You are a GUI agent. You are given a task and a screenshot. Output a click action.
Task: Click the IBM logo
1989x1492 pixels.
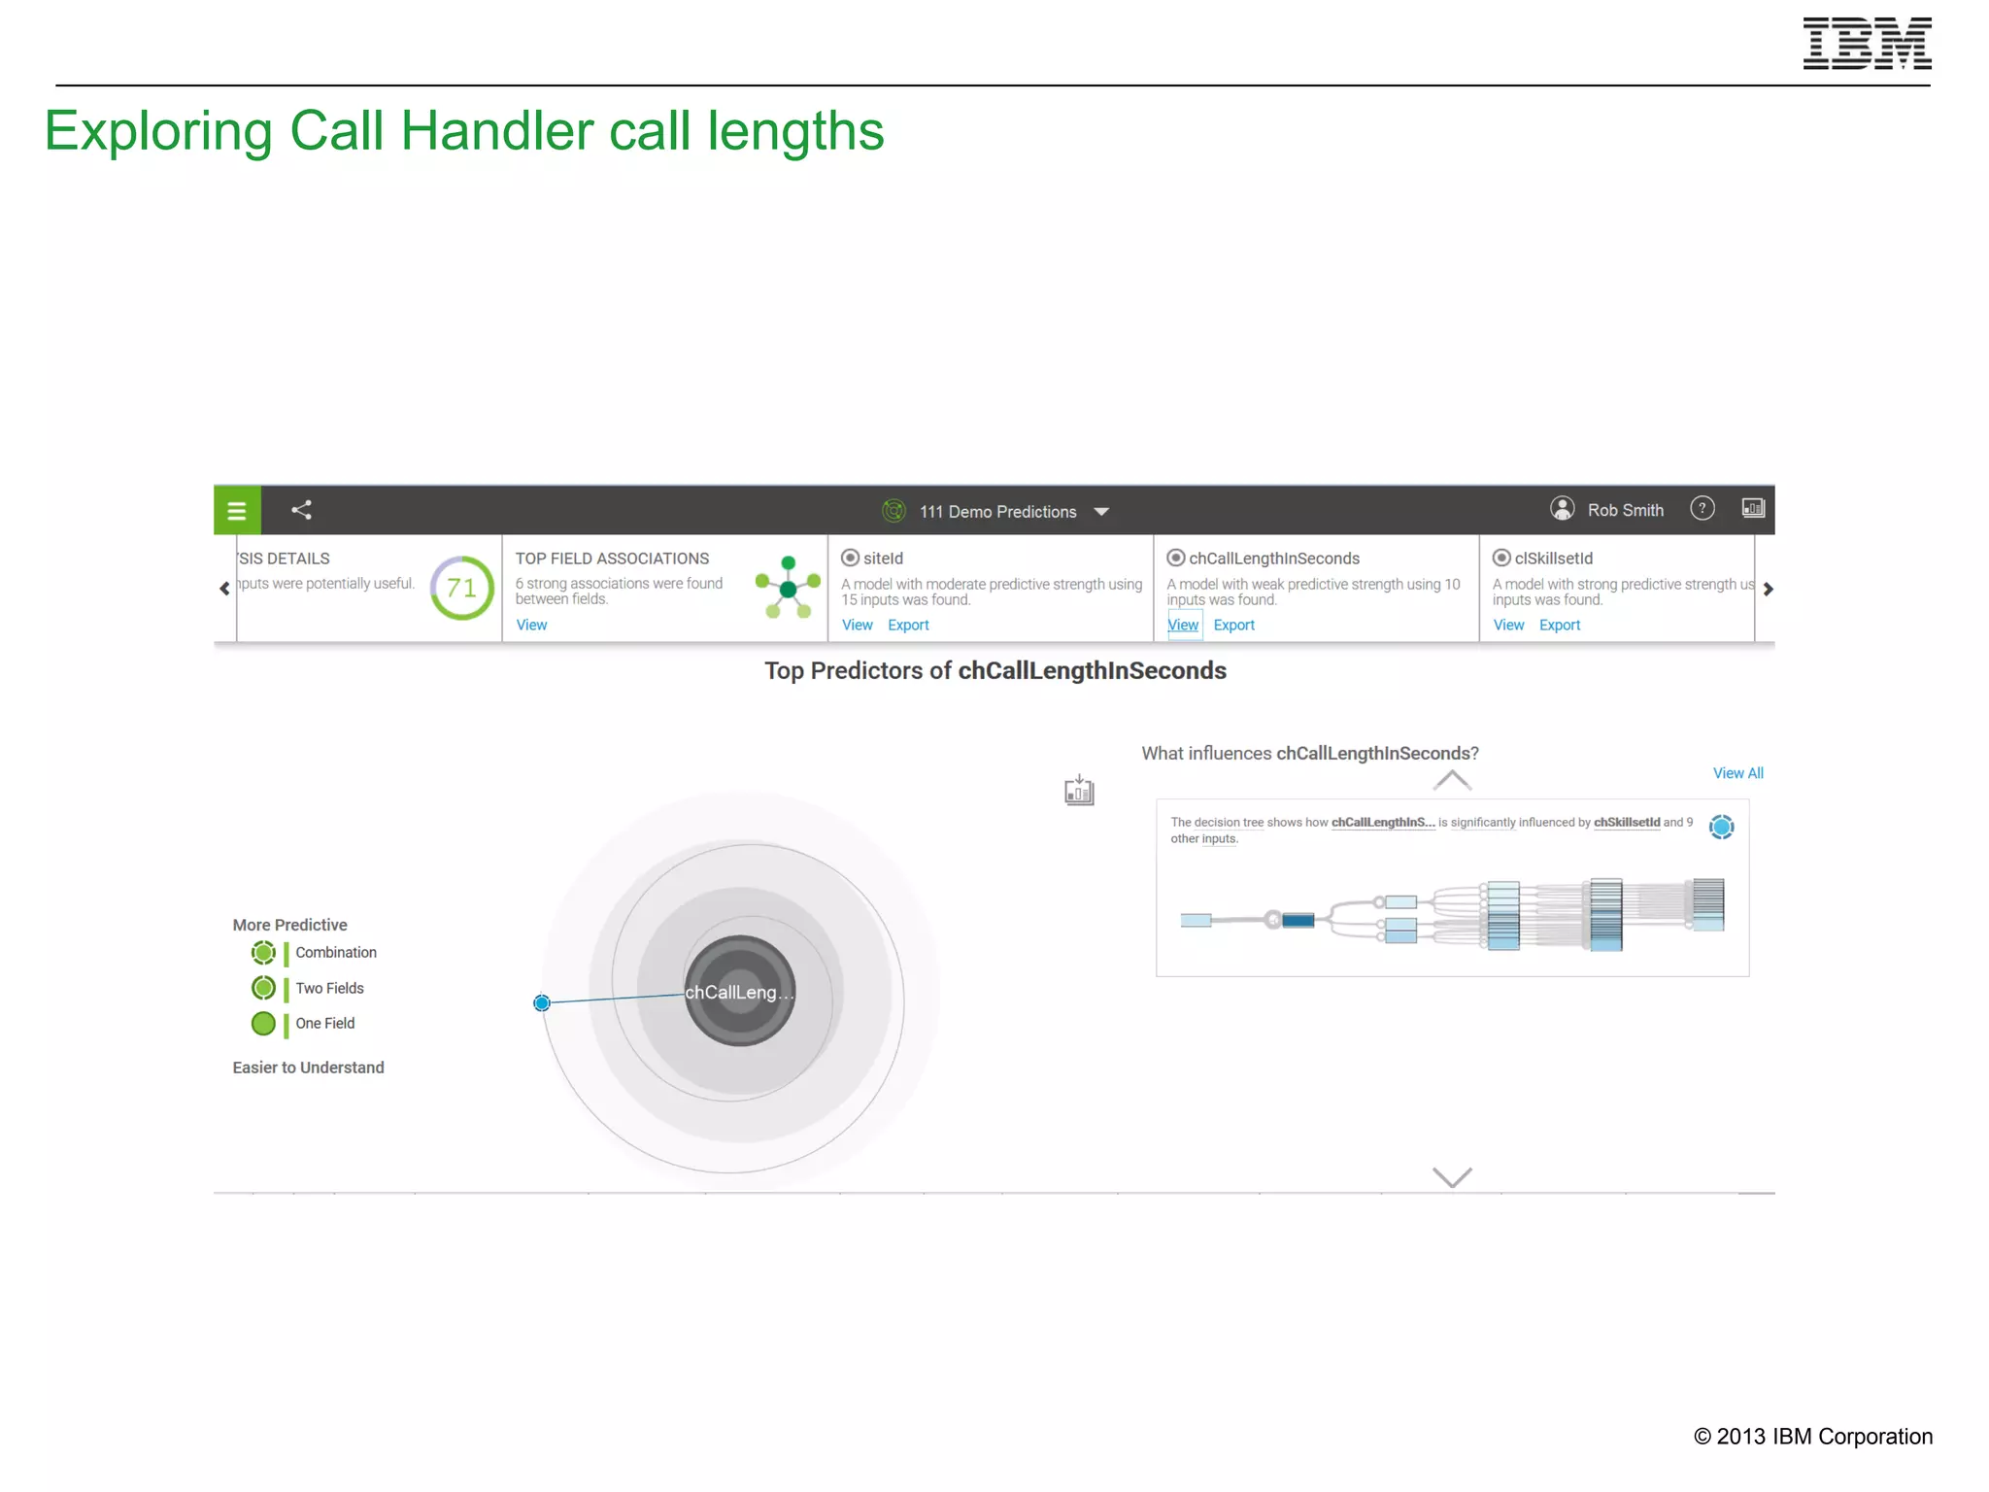click(x=1866, y=44)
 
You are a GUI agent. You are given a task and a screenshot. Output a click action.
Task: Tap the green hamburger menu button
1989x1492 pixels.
click(x=237, y=510)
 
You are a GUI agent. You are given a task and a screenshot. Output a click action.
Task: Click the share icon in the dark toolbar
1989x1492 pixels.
click(x=302, y=510)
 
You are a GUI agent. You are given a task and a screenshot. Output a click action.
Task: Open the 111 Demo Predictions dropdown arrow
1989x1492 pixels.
click(x=1101, y=512)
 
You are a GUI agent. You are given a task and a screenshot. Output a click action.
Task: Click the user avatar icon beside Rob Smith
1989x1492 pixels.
click(x=1562, y=509)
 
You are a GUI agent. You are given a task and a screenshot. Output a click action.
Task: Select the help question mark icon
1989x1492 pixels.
click(x=1702, y=509)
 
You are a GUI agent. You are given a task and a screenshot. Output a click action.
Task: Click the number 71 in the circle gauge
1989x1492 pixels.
click(x=461, y=588)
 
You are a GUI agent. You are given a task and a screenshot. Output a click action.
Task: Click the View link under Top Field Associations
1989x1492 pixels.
click(x=531, y=625)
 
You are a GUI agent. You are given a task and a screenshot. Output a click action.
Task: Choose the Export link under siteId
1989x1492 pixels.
click(x=908, y=625)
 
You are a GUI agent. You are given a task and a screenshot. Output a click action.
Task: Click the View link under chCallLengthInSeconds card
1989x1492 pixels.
click(x=1183, y=625)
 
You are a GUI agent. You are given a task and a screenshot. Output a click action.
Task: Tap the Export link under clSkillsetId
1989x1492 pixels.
click(x=1560, y=625)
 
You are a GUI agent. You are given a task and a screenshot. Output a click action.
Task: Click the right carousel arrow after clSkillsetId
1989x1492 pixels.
click(x=1768, y=589)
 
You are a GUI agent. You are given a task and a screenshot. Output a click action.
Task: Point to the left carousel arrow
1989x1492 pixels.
click(x=224, y=589)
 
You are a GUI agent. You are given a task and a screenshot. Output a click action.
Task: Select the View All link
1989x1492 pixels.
click(x=1737, y=773)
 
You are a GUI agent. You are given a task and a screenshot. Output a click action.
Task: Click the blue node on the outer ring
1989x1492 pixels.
click(x=542, y=1002)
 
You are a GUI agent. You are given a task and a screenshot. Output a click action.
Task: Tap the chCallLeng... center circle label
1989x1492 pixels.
click(x=739, y=992)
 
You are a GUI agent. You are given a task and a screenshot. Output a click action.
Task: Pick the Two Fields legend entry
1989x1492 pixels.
click(x=329, y=988)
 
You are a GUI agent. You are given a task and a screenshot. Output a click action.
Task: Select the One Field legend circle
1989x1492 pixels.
click(x=263, y=1023)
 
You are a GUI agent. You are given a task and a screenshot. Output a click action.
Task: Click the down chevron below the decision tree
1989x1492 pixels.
click(x=1452, y=1177)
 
